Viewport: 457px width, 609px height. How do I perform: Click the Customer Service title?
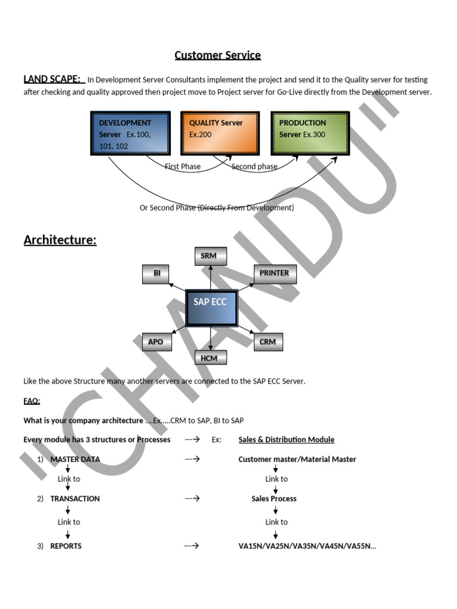(217, 55)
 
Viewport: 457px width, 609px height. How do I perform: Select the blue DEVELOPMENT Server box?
(130, 133)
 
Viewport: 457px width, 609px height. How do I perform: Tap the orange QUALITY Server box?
(220, 133)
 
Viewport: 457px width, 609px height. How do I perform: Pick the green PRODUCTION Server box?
(310, 133)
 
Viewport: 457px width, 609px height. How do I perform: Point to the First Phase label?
(183, 167)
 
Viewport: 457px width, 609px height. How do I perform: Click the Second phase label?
(254, 167)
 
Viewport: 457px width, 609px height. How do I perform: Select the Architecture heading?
(60, 240)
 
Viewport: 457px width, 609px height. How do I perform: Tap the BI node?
(156, 274)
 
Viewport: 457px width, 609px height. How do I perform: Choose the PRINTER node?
(274, 274)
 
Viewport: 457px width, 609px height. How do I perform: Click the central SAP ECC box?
(211, 308)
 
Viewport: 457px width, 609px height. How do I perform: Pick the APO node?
(156, 342)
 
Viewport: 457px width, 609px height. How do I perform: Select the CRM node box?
(268, 342)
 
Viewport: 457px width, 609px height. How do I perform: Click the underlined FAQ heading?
(32, 401)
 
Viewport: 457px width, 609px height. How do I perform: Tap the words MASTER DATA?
(75, 459)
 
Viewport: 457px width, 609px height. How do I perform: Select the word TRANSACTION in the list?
(75, 498)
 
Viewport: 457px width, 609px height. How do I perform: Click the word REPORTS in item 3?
(66, 546)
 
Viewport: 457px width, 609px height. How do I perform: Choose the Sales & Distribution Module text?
(286, 440)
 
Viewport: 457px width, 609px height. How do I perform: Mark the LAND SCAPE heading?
(52, 79)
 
